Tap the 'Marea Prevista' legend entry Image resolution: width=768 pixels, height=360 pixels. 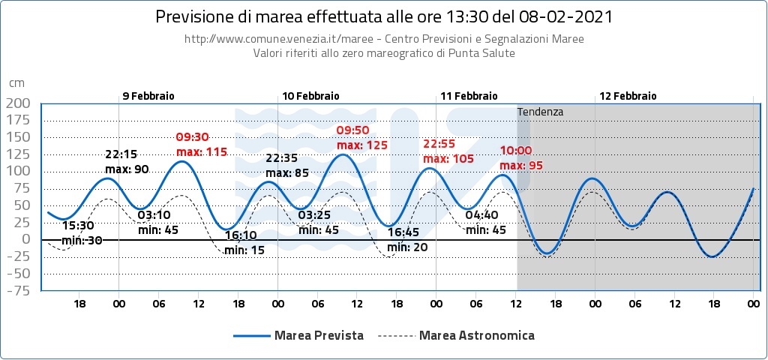point(319,335)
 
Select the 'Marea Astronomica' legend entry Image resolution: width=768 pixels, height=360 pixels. point(477,335)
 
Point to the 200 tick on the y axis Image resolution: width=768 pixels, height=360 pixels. point(17,103)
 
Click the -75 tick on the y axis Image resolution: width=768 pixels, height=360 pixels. point(17,290)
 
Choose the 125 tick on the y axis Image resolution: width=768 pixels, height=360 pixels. point(17,154)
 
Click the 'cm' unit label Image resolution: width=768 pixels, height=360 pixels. point(17,83)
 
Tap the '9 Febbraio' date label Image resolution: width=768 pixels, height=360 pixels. point(148,96)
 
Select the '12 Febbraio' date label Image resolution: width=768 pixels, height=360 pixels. point(628,96)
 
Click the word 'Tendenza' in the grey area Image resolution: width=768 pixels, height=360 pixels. point(540,112)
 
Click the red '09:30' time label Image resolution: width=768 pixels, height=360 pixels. point(191,137)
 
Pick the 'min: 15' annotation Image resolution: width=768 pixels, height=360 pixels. point(244,250)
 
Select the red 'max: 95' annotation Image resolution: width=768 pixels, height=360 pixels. point(521,165)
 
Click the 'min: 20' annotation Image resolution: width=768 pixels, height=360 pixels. point(407,247)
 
